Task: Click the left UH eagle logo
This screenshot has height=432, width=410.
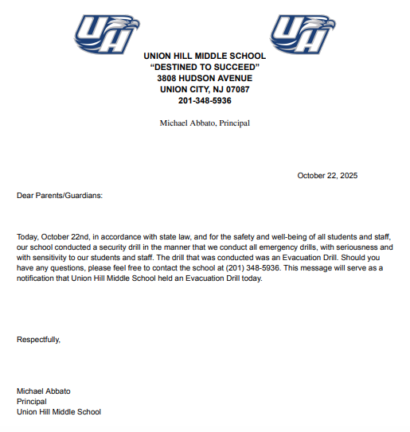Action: [106, 34]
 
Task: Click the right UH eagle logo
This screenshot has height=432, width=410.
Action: [303, 34]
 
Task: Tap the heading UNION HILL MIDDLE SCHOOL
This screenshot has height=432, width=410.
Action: [205, 56]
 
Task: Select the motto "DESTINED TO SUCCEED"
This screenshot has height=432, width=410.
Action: [205, 68]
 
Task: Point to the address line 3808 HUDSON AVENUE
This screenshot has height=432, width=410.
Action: [205, 79]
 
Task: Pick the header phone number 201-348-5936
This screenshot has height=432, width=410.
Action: [205, 101]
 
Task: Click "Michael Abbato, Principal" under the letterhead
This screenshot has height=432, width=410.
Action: [205, 123]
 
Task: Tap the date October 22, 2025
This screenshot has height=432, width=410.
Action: [327, 175]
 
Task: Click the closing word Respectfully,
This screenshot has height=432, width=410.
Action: [38, 340]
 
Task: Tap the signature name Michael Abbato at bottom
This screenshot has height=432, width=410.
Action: [45, 391]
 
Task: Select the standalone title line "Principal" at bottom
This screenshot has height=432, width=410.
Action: [32, 402]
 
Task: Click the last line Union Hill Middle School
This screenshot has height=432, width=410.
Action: [59, 412]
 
